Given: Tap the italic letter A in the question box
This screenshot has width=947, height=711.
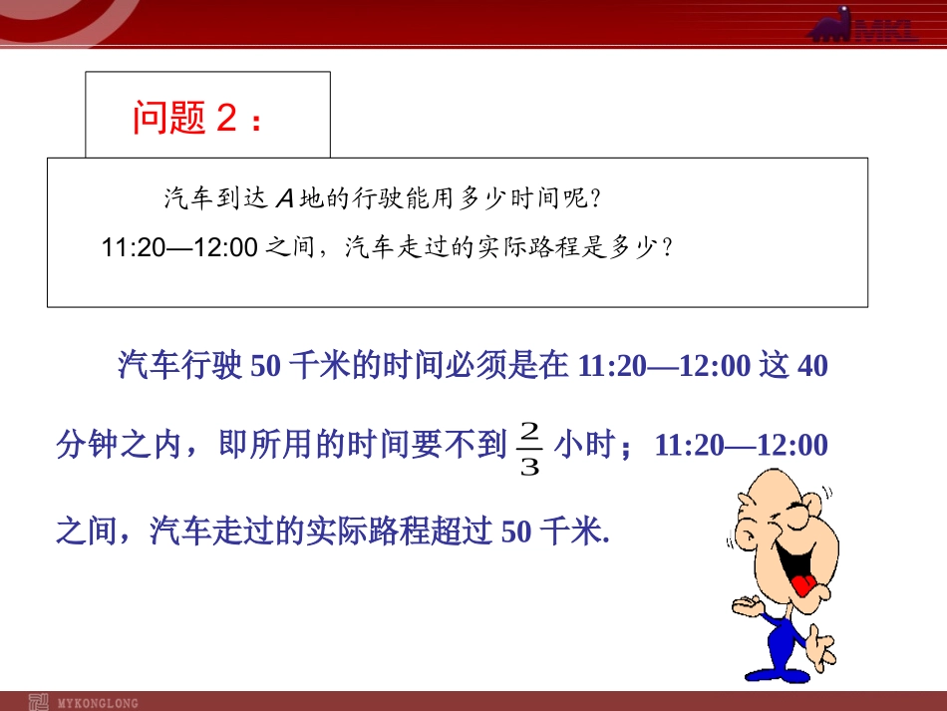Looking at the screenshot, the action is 285,198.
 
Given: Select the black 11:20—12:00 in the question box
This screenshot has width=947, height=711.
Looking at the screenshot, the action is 179,247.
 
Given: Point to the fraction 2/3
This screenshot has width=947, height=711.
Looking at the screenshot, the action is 529,448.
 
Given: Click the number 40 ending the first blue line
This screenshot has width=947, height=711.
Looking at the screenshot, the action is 812,365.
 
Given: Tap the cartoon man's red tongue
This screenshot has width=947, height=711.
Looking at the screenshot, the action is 803,584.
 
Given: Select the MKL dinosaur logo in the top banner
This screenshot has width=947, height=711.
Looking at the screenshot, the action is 863,25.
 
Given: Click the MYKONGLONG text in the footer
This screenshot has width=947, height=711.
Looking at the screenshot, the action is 98,703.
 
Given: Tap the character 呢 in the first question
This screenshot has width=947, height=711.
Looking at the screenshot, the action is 574,198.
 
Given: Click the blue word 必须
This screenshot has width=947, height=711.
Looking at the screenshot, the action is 461,365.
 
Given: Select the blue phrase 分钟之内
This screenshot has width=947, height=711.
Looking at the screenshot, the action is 119,445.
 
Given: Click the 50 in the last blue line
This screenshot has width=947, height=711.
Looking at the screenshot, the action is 516,532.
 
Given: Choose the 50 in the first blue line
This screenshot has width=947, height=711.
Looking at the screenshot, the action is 265,365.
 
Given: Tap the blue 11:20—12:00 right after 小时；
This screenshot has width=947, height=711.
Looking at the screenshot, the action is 741,445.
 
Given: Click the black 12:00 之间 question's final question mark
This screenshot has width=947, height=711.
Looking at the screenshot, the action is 667,247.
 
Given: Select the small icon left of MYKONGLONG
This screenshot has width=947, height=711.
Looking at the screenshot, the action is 38,703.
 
